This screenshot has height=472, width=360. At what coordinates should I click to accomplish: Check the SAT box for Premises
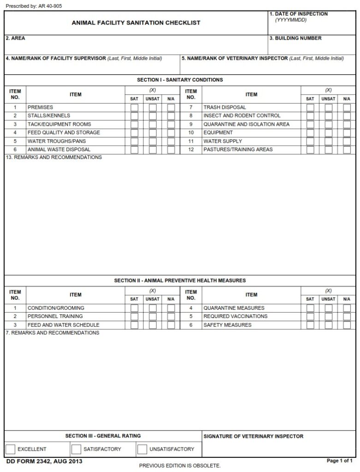134,107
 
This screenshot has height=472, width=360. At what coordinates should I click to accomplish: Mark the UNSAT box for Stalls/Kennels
153,116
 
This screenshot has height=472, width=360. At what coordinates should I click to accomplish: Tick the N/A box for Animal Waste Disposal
171,150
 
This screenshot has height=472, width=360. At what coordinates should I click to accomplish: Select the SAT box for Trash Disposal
310,107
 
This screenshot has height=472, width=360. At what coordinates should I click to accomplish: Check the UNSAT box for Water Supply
329,142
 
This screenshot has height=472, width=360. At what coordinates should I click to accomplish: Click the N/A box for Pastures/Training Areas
347,150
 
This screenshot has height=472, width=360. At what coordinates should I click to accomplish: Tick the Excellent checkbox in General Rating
11,449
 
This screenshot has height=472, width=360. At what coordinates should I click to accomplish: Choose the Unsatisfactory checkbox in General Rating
142,449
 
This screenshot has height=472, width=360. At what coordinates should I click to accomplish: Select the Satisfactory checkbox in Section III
76,449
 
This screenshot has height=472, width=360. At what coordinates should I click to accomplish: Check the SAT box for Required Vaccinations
310,317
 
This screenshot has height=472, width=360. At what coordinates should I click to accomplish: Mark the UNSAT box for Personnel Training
153,317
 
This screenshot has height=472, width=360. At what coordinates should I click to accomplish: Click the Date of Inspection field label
299,14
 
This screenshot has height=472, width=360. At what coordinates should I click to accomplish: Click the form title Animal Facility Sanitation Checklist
136,23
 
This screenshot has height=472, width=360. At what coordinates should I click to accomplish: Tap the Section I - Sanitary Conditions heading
180,80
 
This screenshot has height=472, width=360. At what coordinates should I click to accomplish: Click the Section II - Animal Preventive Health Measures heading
180,280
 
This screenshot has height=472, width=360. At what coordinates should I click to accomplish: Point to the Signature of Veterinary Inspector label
253,436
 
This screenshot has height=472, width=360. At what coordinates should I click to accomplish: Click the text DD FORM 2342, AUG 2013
38,461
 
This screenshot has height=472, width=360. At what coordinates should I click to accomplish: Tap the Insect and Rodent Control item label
242,116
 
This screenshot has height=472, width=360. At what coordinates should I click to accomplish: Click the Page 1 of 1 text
339,461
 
